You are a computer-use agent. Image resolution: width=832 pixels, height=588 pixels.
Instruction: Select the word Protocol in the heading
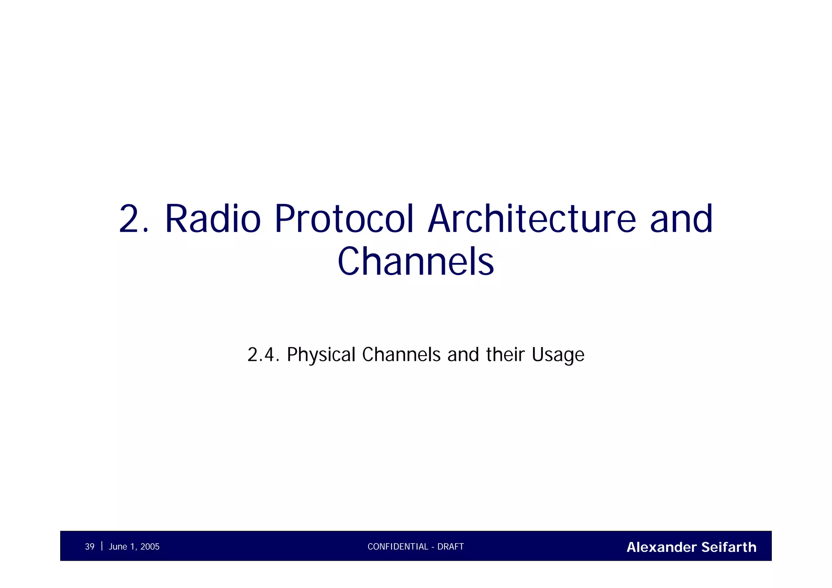(344, 219)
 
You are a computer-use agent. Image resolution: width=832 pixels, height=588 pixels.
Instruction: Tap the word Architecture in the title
(532, 219)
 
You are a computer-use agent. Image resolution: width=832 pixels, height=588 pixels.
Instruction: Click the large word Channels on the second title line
(416, 262)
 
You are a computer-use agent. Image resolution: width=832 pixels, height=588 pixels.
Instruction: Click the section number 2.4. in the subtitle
(264, 355)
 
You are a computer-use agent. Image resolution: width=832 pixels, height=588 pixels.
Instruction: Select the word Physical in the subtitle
(321, 355)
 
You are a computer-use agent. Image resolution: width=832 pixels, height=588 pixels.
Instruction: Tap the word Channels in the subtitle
(401, 355)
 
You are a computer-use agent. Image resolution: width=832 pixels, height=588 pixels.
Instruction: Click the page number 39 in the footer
(89, 547)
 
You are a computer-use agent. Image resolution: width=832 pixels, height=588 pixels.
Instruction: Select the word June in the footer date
(118, 547)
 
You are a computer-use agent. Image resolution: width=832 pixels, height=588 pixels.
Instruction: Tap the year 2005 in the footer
(149, 547)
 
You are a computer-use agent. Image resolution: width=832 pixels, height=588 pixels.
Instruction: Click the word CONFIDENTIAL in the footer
(398, 547)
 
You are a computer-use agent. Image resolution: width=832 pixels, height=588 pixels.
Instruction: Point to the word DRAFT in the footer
(451, 547)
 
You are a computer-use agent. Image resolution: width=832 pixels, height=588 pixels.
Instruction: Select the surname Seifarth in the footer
(729, 547)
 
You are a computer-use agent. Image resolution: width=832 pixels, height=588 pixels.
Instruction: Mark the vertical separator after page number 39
(102, 546)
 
